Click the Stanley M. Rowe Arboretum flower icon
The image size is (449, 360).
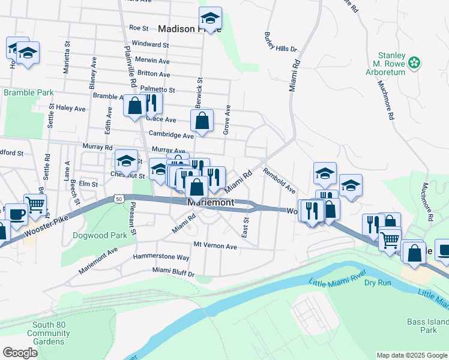[x=414, y=62]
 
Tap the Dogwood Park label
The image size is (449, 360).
[x=100, y=236]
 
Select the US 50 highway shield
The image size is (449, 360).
[x=118, y=198]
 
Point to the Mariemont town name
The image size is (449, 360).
[x=210, y=203]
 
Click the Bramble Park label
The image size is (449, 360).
[x=28, y=93]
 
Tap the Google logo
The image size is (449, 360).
[x=20, y=352]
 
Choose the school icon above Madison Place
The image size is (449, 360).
[x=210, y=18]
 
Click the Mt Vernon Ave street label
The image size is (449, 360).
[x=215, y=246]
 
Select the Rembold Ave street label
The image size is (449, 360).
[x=279, y=181]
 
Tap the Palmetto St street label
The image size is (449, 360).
[x=157, y=90]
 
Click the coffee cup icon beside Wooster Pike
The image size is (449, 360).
[x=14, y=214]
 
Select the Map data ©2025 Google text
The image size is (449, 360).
[x=412, y=355]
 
